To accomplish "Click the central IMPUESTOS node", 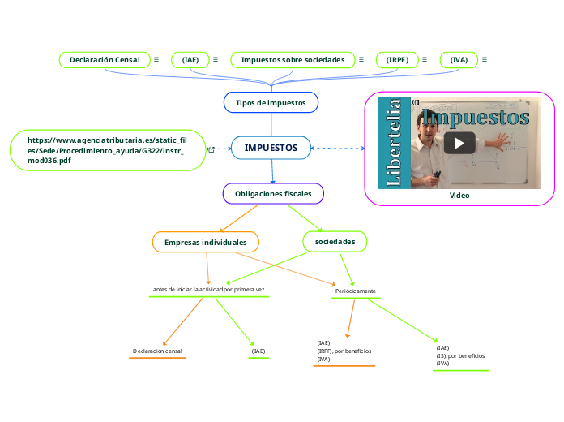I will click(271, 148).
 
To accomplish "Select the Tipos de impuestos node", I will click(271, 103).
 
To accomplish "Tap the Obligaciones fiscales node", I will click(273, 194).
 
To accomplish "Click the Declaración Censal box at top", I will click(104, 60).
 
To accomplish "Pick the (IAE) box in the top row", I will click(190, 60).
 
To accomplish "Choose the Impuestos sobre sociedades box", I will click(293, 60).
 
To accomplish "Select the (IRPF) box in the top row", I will click(397, 60).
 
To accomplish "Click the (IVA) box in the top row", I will click(459, 60).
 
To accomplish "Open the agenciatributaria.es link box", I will click(108, 150).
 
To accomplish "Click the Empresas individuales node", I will click(205, 243).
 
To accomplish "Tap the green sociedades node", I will click(335, 242).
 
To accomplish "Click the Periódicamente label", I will click(355, 291).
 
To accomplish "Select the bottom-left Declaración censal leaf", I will click(157, 351).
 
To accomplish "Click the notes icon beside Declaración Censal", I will click(156, 60).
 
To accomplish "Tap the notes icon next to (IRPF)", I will click(425, 60).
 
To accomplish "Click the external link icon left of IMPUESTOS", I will click(211, 149).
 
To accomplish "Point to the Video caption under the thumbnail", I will click(459, 196).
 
